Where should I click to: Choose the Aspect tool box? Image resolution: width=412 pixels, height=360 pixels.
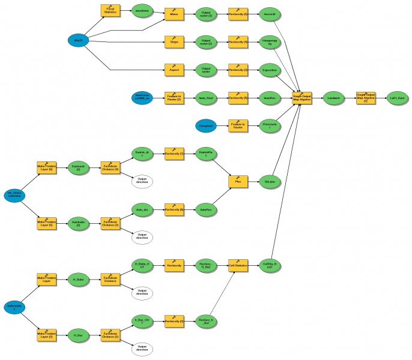[x=173, y=70]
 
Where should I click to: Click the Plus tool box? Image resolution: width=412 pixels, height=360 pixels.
[x=238, y=181]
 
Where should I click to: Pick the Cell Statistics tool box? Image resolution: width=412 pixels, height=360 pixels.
[x=238, y=265]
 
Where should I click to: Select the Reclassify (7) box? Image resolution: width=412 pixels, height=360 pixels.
[x=174, y=153]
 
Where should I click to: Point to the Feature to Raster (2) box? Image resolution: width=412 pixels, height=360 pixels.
[x=174, y=97]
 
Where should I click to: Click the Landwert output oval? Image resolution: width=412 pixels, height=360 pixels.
[x=335, y=97]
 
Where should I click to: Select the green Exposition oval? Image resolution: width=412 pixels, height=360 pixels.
[x=269, y=70]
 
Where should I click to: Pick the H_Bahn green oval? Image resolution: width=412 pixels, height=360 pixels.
[x=78, y=279]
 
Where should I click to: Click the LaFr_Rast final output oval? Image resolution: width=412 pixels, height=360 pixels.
[x=398, y=97]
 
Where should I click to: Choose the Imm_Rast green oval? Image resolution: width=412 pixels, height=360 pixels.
[x=207, y=97]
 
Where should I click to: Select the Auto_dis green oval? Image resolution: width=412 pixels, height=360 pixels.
[x=142, y=209]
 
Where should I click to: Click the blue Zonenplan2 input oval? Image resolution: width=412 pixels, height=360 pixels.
[x=207, y=125]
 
